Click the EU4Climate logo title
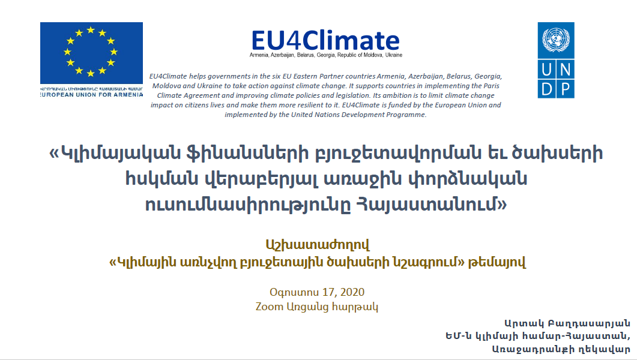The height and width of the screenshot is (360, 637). pos(325,40)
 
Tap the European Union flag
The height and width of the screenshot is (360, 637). pos(91,53)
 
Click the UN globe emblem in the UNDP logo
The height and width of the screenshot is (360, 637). pos(556,40)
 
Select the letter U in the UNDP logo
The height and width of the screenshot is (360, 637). pos(547,70)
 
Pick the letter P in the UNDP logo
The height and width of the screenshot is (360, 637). pos(565,88)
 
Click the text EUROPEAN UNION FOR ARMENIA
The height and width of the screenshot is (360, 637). pos(91,95)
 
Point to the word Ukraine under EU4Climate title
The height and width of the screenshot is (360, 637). pos(393,55)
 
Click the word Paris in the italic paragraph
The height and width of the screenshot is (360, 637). pos(491,86)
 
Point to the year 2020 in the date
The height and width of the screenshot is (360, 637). pos(352,292)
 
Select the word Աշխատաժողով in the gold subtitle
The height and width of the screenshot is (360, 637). pos(318,245)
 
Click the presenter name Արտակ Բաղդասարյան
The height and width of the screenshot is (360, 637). pos(567,323)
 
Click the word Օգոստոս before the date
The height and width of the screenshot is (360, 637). pos(294,292)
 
